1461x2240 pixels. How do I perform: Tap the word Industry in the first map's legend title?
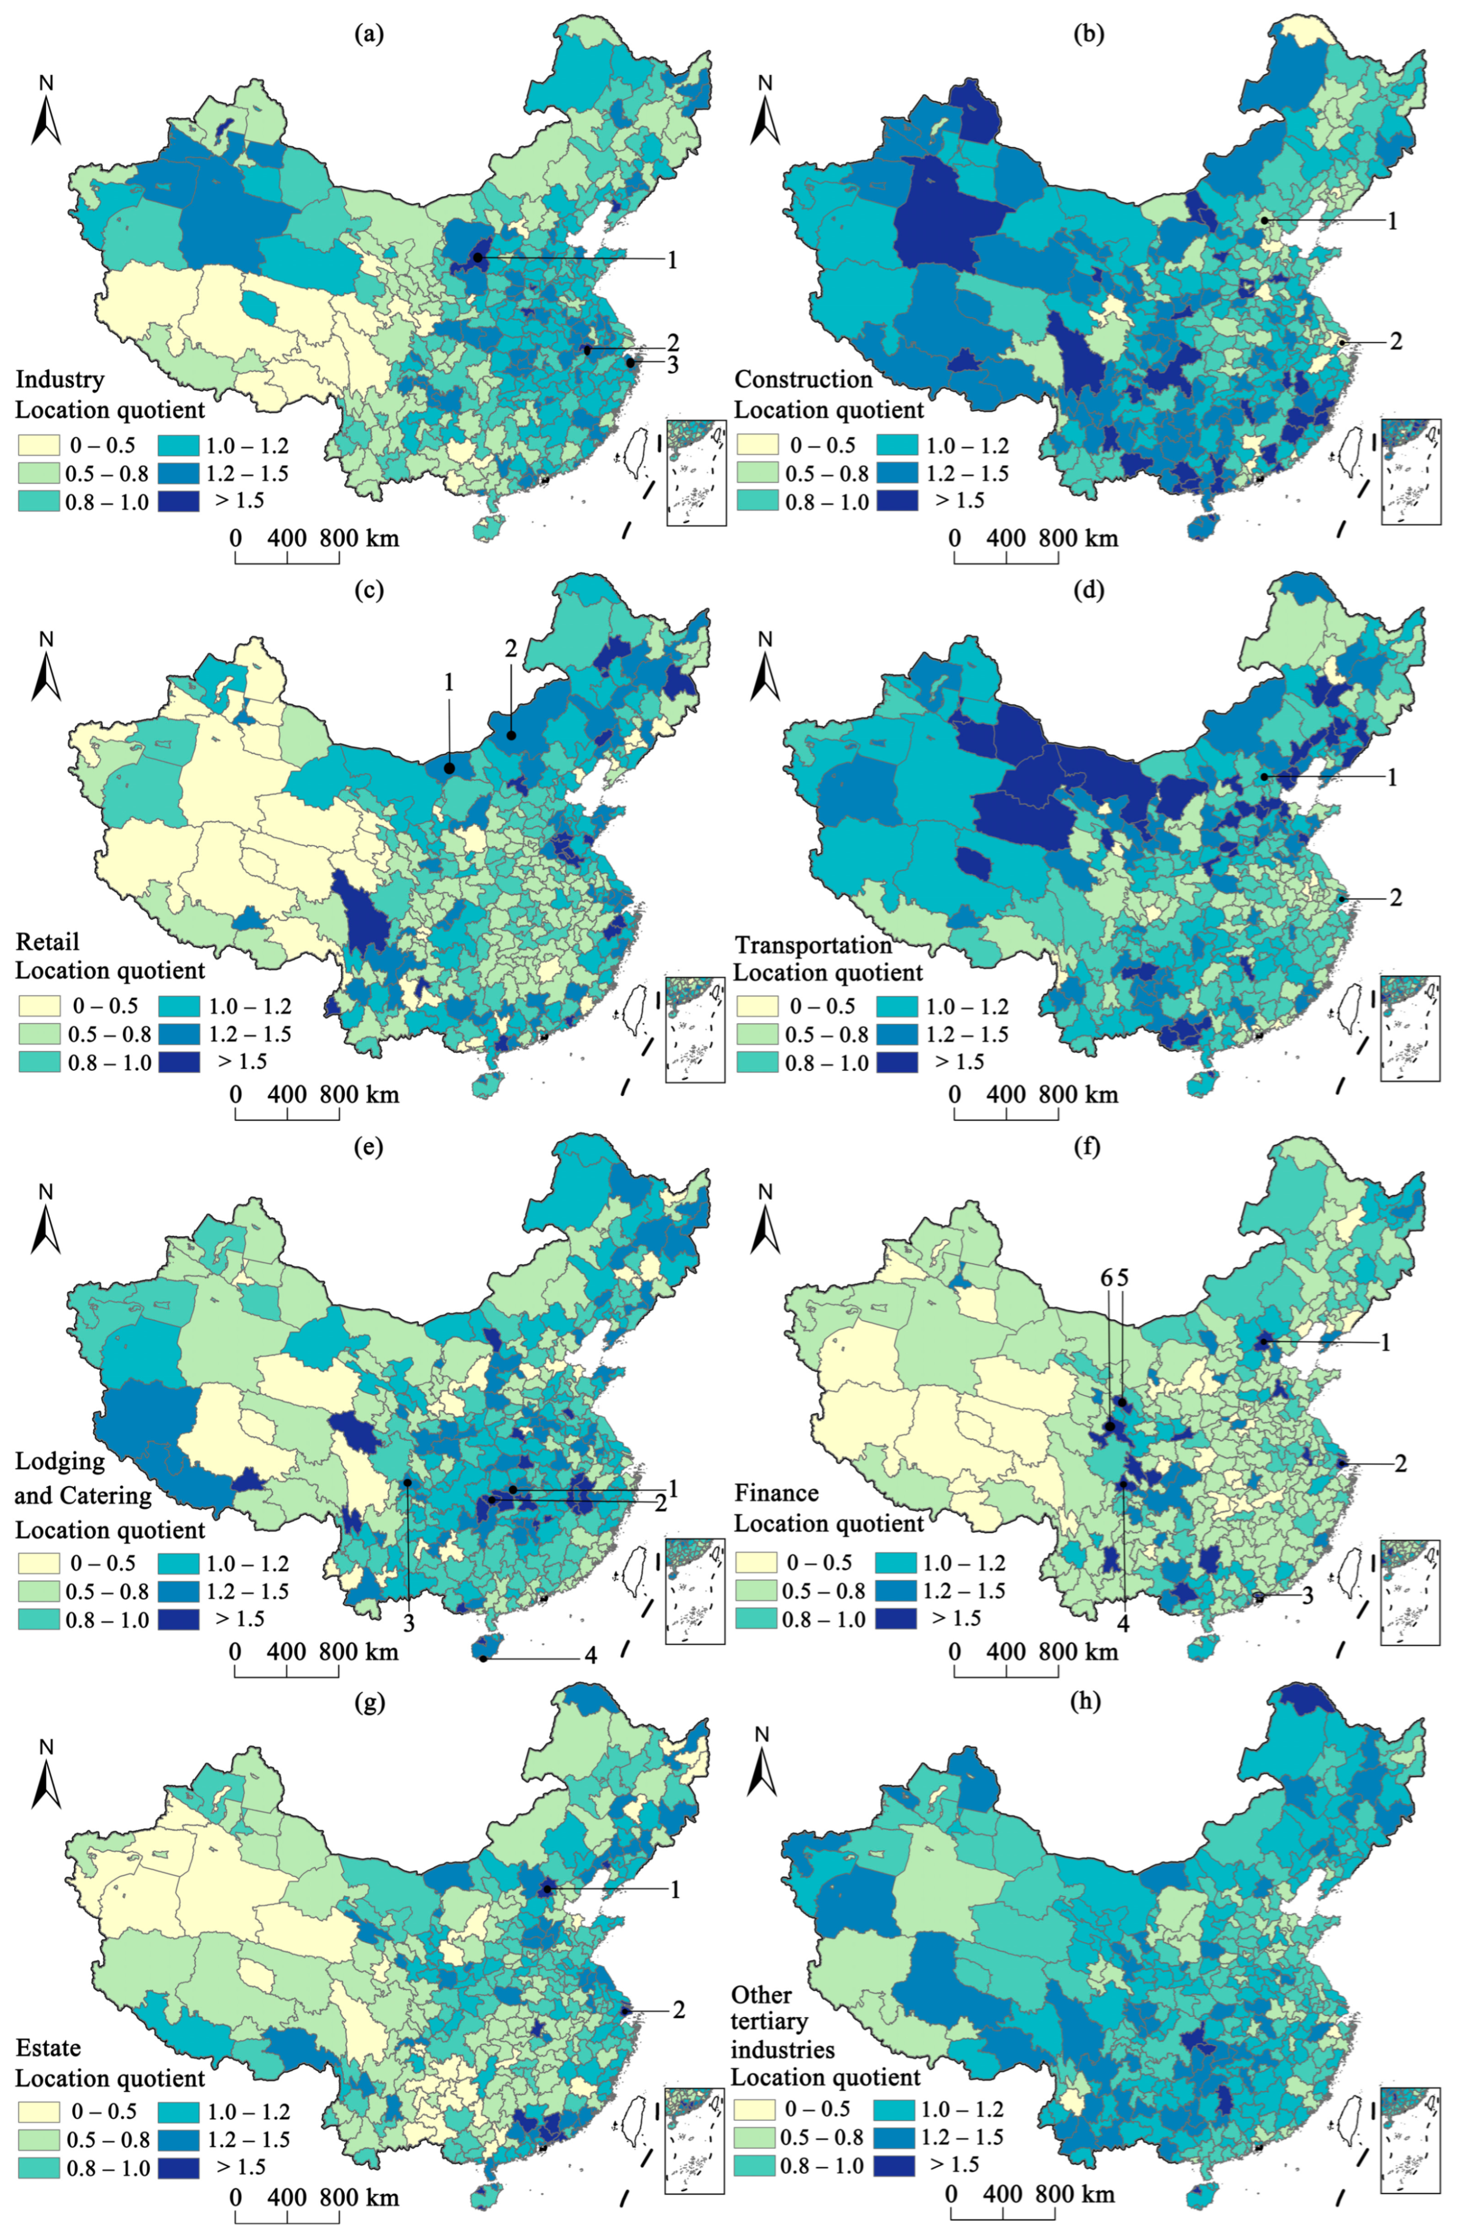tap(59, 379)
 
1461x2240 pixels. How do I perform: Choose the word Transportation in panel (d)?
tap(813, 945)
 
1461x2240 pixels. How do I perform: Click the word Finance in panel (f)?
tap(776, 1492)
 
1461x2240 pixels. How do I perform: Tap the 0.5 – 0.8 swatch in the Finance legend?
tap(755, 1591)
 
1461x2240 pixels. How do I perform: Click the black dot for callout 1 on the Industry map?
tap(478, 257)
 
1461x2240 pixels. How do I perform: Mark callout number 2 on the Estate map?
tap(677, 2009)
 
